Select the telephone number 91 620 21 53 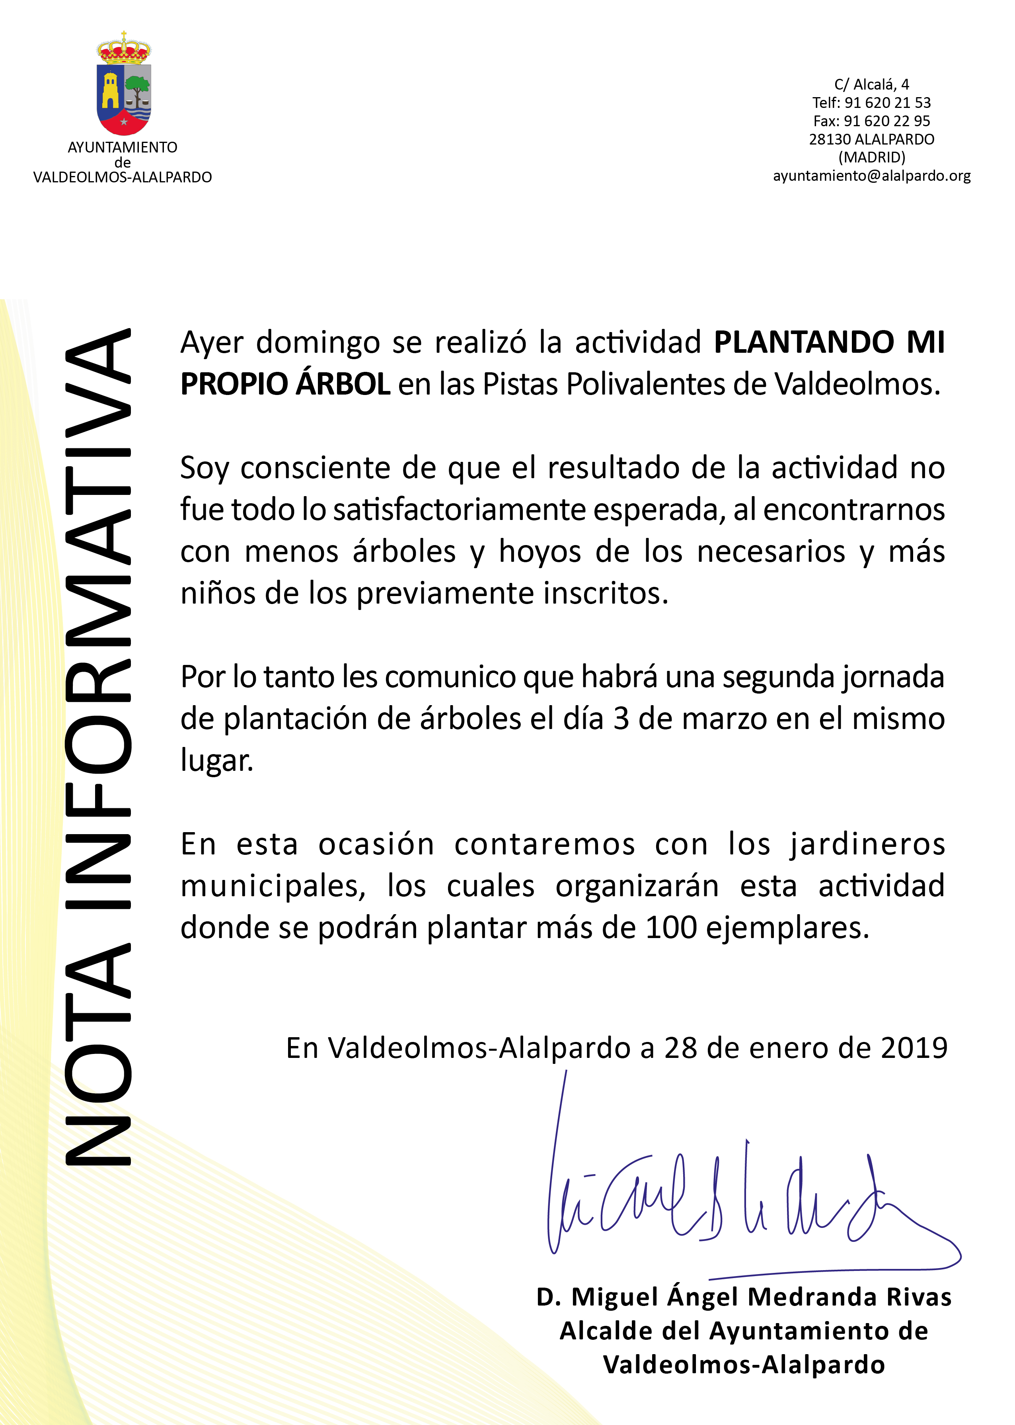point(888,103)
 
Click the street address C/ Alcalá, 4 point(871,84)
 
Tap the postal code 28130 point(829,139)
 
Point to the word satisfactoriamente point(461,510)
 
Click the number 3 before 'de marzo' point(621,719)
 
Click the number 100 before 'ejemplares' point(670,928)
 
